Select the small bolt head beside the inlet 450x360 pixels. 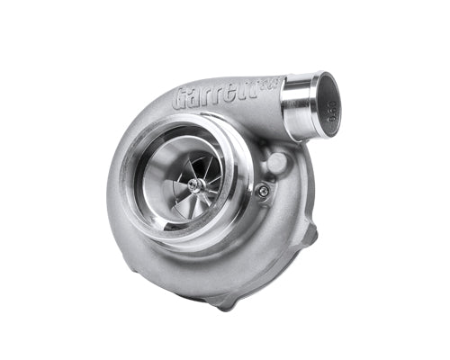261,190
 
